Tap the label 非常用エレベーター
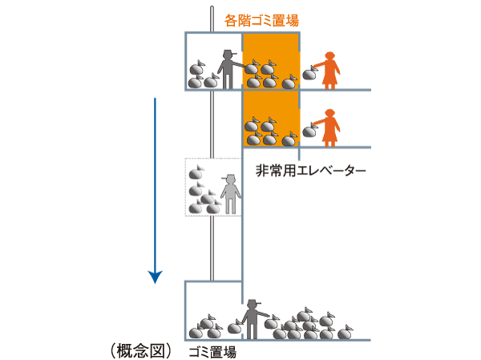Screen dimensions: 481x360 coord(310,171)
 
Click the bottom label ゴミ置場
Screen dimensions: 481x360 coord(212,351)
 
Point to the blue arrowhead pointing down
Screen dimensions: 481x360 coord(156,277)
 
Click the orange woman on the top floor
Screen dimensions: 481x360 coord(329,71)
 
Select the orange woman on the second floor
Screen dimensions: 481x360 coord(329,126)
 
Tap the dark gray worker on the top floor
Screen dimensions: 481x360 coord(227,71)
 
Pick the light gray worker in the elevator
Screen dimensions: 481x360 coord(231,195)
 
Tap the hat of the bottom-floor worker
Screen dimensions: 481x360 coord(254,302)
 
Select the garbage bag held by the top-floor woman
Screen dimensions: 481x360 coord(309,75)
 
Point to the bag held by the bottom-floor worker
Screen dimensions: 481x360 coord(235,326)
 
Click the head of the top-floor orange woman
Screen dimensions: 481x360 coord(329,55)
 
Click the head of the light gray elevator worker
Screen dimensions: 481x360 coord(231,180)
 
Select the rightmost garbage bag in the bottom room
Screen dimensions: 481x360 coord(345,330)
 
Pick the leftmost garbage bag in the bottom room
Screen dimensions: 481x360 coord(195,331)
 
